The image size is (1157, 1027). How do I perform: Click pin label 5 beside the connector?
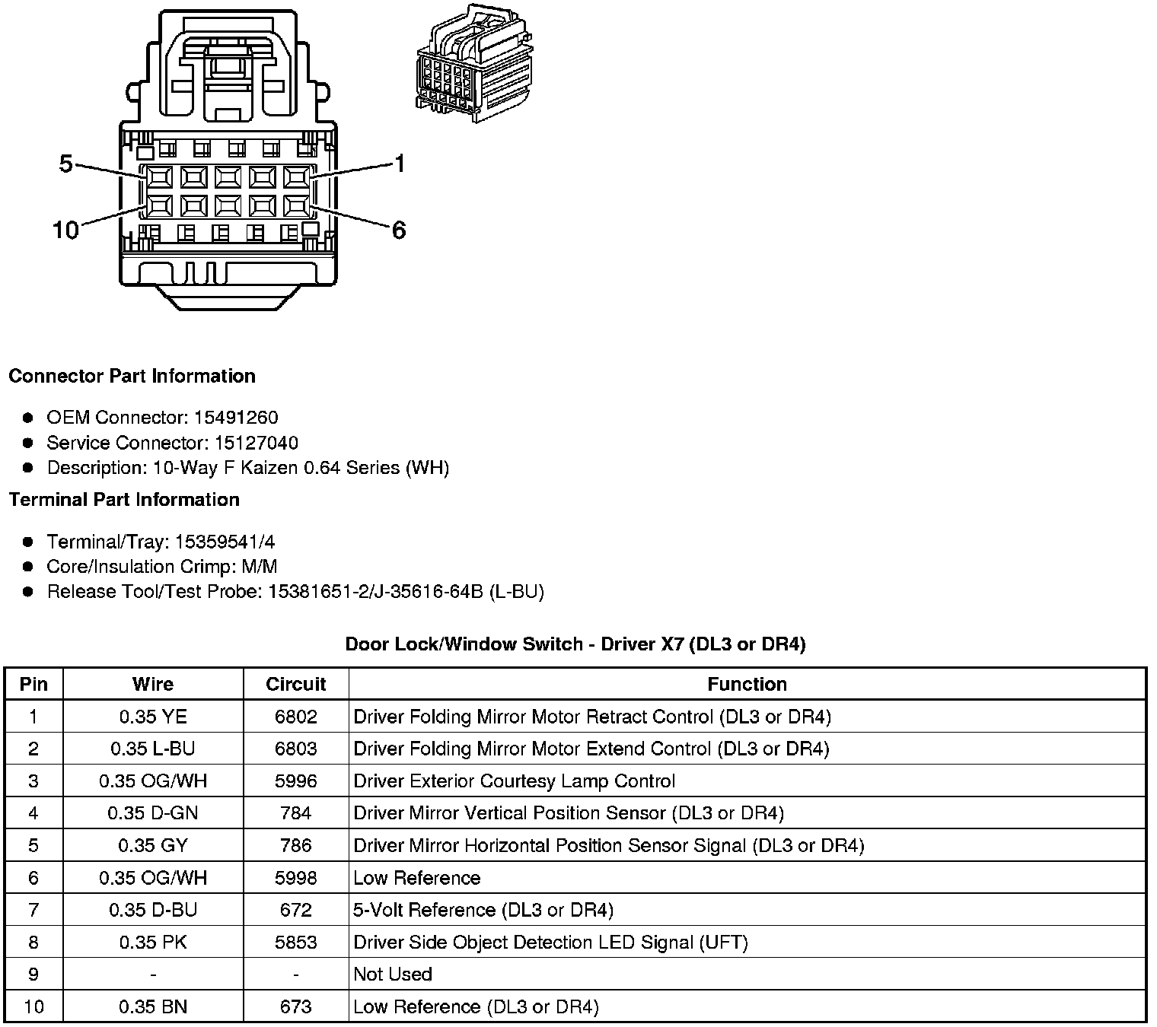(x=65, y=163)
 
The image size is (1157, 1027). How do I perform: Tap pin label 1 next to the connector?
(x=400, y=164)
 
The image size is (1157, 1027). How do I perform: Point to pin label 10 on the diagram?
(x=65, y=230)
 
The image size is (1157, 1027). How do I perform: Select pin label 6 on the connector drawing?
(x=399, y=230)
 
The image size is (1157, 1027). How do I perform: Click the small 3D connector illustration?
(x=473, y=64)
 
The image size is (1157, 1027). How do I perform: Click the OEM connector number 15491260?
(x=236, y=418)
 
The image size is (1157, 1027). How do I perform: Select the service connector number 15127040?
(x=256, y=443)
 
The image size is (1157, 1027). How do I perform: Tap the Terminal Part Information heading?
(x=124, y=500)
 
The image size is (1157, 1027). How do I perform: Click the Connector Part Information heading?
(x=132, y=376)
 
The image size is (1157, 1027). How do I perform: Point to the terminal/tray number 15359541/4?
(x=225, y=542)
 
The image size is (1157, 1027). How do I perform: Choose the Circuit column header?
(x=295, y=684)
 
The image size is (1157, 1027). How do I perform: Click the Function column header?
(x=747, y=684)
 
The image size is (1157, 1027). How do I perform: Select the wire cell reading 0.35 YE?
(x=153, y=717)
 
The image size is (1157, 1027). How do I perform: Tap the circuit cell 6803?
(x=295, y=749)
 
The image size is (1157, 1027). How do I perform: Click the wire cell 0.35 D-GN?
(x=153, y=813)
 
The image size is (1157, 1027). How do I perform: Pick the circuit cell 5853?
(x=295, y=943)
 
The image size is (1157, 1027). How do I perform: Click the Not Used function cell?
(x=393, y=975)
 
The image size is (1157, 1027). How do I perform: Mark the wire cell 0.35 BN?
(x=153, y=1007)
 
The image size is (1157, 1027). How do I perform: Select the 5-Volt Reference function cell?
(x=483, y=910)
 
